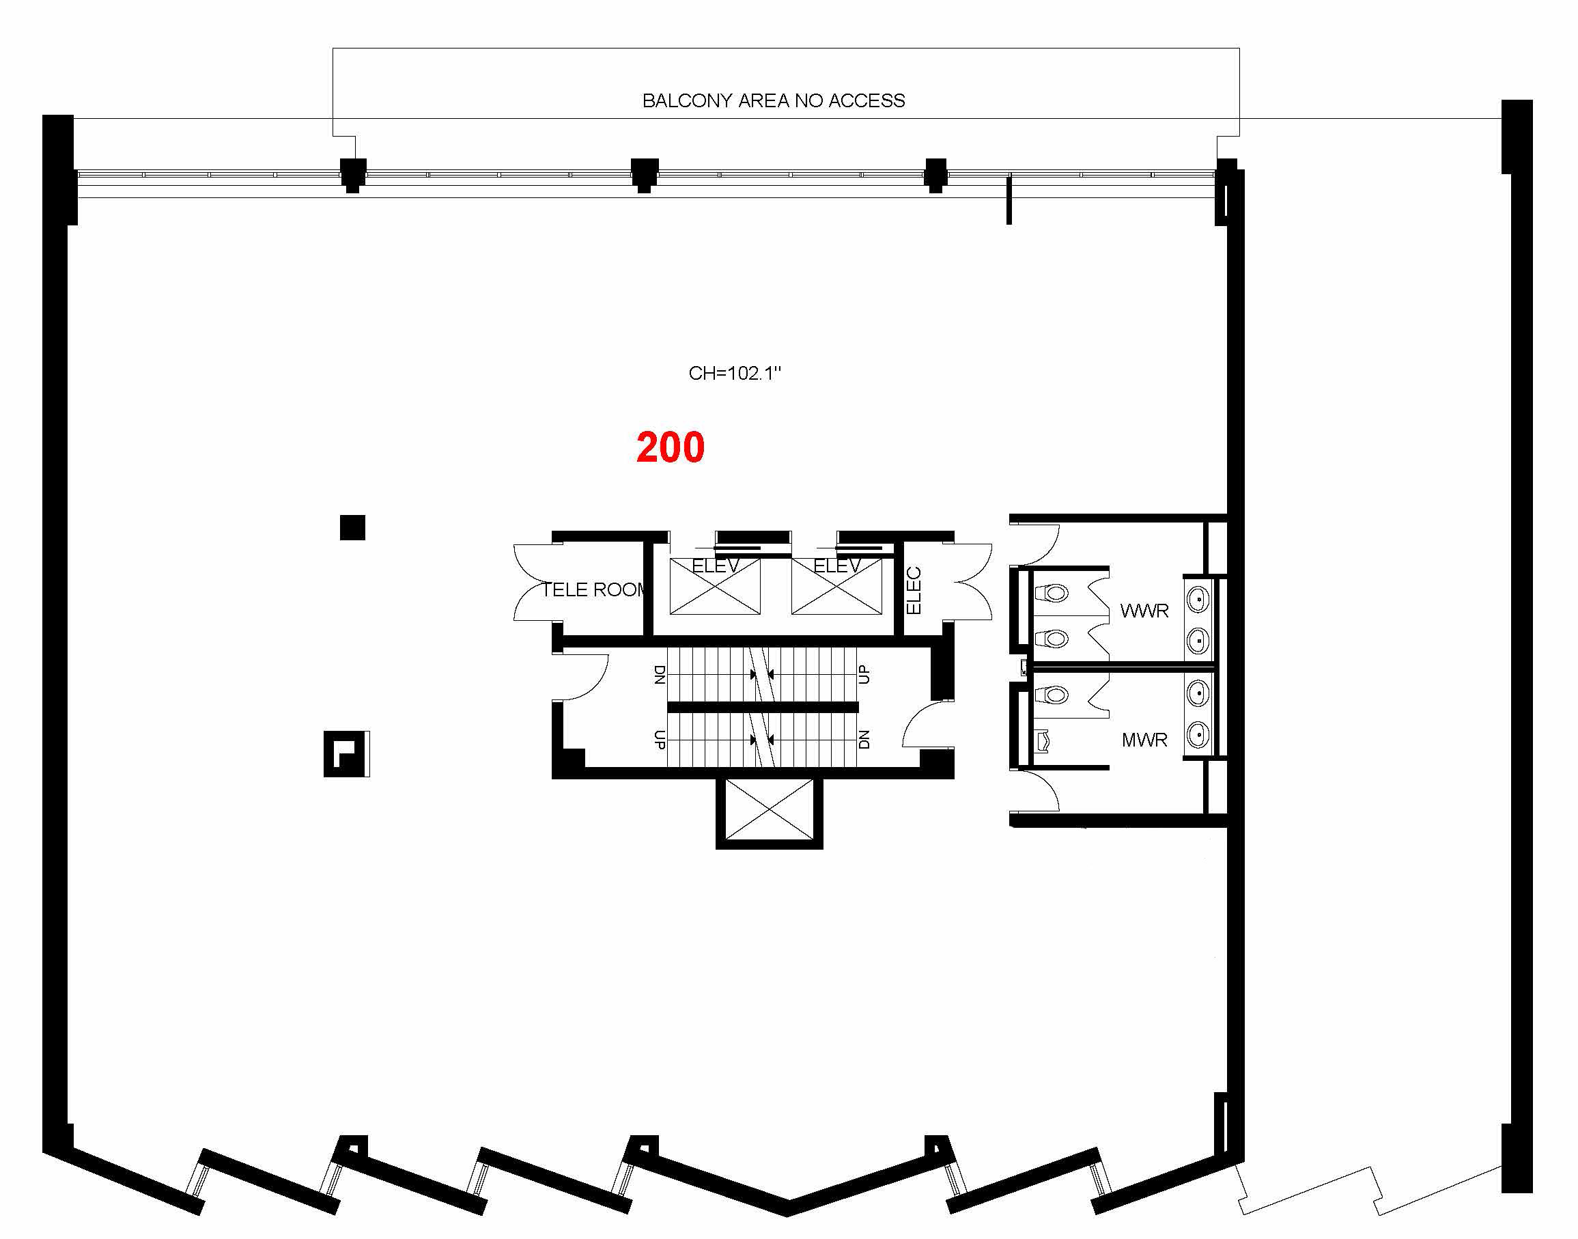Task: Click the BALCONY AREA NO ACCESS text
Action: pos(773,101)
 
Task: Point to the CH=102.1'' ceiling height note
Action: pos(735,373)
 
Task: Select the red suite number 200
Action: pos(670,447)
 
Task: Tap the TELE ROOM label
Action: pos(593,589)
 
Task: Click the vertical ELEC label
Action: pos(914,591)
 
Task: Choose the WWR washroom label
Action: pos(1144,611)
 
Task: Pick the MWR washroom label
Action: pos(1144,740)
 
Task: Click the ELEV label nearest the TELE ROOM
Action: pos(715,566)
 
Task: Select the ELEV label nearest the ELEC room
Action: pos(837,566)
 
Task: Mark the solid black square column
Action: pos(352,527)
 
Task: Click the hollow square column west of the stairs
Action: pos(346,753)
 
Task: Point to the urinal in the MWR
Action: pos(1043,740)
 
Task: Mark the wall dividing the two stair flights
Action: pos(763,708)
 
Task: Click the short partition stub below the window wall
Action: pos(1009,200)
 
